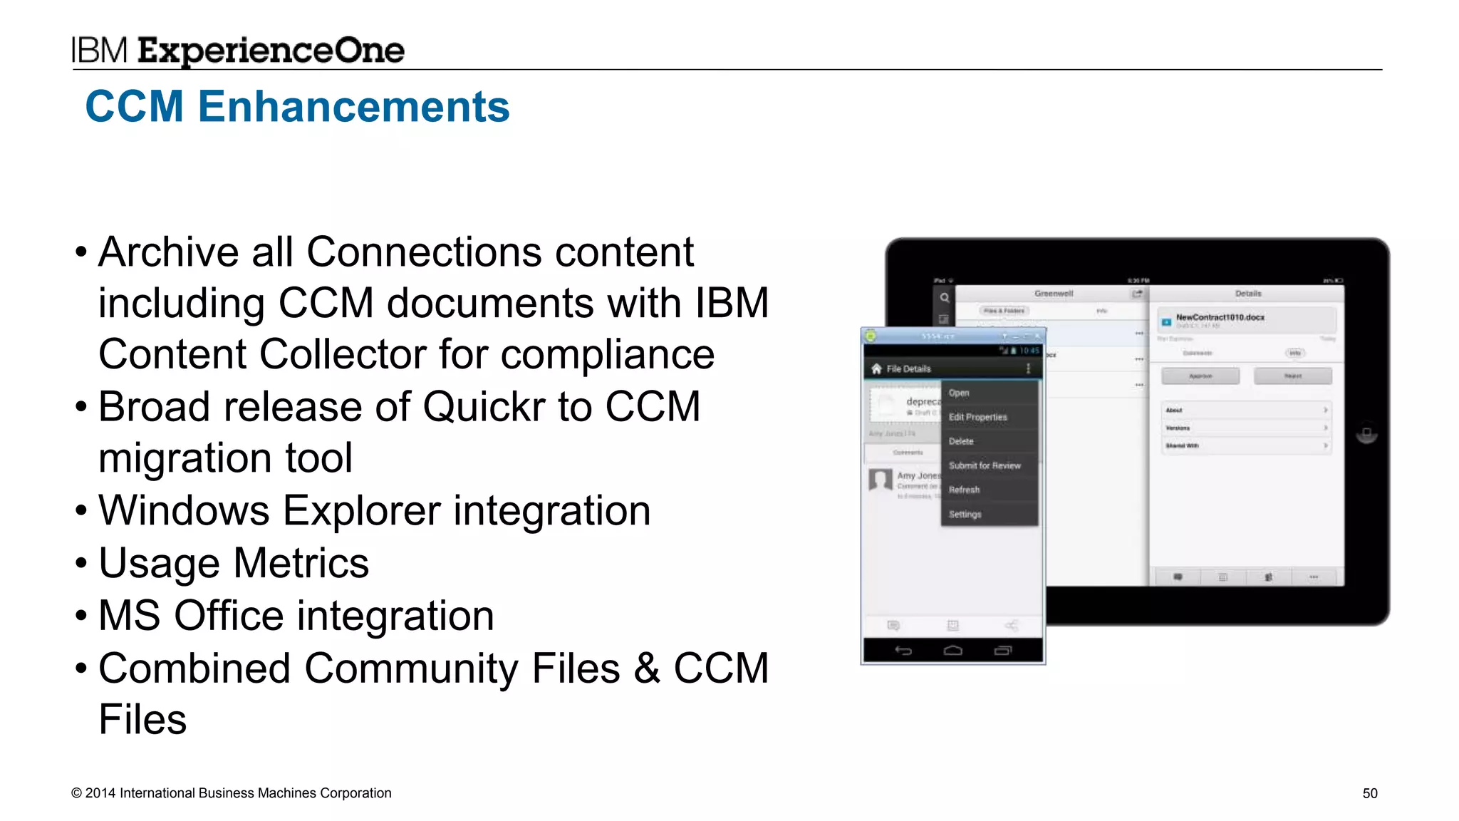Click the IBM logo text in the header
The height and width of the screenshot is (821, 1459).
(x=99, y=51)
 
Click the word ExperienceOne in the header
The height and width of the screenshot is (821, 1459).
(x=271, y=51)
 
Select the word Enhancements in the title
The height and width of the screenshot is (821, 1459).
(x=353, y=107)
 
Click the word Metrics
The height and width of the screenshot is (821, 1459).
(x=301, y=563)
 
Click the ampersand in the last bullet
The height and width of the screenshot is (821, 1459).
(x=646, y=668)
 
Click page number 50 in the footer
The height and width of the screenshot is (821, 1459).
(x=1369, y=793)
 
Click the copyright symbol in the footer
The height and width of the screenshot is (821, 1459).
(x=76, y=793)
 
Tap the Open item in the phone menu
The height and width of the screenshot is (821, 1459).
(x=959, y=393)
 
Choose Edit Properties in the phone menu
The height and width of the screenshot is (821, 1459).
(x=977, y=417)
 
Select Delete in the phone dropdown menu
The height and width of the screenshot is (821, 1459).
(x=961, y=441)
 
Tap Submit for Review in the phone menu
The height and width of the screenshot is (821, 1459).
(x=985, y=465)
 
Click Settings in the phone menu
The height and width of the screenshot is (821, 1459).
(x=965, y=514)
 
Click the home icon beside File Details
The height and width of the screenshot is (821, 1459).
(x=876, y=368)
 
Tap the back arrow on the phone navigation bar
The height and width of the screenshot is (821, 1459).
(x=903, y=650)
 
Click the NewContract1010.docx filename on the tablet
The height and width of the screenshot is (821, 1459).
(x=1220, y=317)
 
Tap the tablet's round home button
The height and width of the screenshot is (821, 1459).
(x=1366, y=433)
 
